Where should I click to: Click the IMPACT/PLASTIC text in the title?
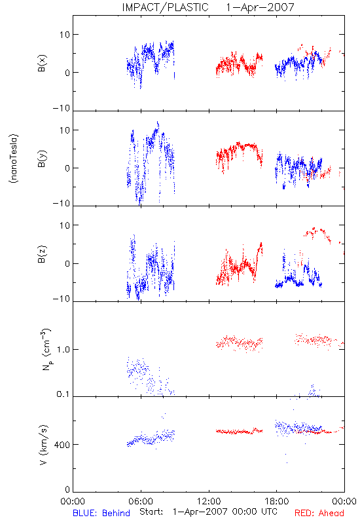coord(165,7)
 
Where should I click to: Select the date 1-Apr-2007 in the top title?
coord(260,7)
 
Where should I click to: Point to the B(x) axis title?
coord(42,63)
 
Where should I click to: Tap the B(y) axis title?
coord(42,159)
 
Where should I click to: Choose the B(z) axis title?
coord(42,254)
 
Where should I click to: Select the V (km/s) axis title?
coord(43,445)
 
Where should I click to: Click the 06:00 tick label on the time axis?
coord(141,501)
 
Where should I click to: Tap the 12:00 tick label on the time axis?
coord(209,501)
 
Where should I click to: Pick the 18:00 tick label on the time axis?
coord(277,501)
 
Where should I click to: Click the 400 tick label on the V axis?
coord(62,445)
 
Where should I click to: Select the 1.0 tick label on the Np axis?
coord(63,350)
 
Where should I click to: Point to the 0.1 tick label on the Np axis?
coord(63,394)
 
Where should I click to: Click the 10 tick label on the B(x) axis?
coord(65,35)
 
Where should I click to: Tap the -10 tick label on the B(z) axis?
coord(62,299)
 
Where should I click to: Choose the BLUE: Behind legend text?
coord(101,513)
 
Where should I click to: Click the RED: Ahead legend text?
coord(319,513)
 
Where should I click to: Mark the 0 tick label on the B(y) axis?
coord(67,168)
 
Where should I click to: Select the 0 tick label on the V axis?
coord(67,490)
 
